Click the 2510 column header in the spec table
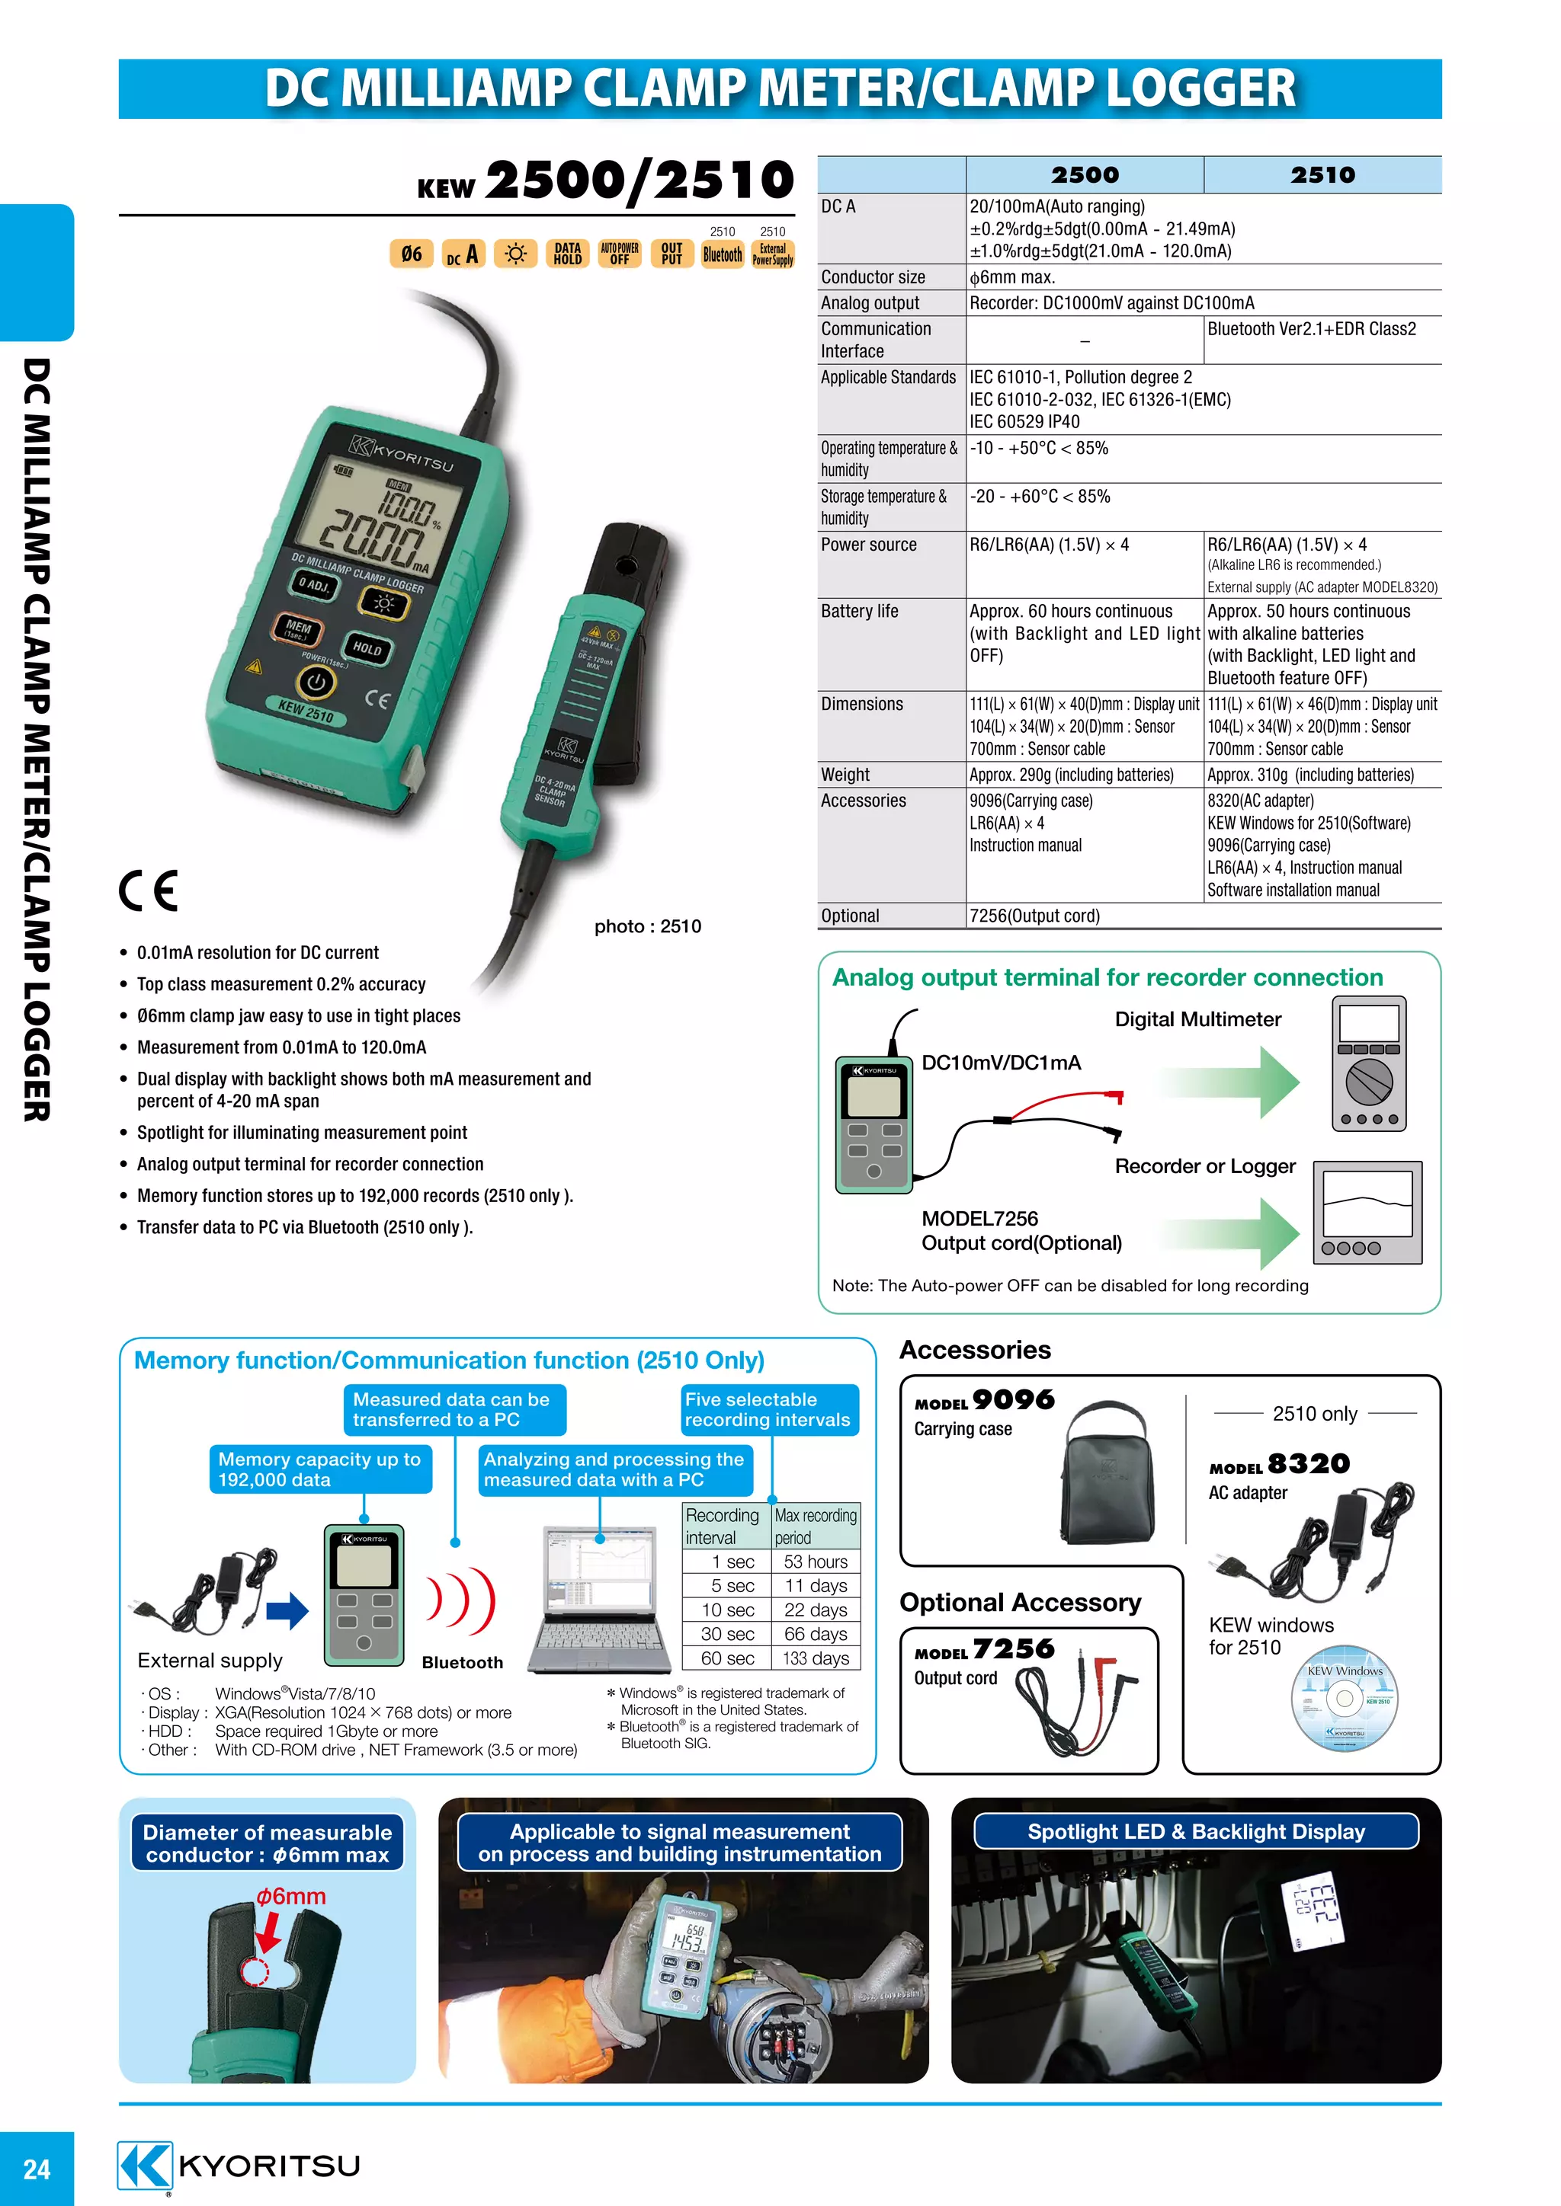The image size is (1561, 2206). coord(1322,175)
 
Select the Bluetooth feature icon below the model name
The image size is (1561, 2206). coord(722,254)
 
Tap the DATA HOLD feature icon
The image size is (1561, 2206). coord(567,254)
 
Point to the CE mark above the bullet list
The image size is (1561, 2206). coord(149,890)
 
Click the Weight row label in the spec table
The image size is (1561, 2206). coord(845,775)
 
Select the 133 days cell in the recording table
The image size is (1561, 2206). coord(815,1658)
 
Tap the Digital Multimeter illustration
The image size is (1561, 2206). coord(1369,1063)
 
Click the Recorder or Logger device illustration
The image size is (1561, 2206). coord(1367,1213)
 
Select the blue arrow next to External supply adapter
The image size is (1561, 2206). coord(287,1611)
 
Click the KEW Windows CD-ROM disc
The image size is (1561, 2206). coord(1344,1699)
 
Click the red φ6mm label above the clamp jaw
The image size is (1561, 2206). coord(290,1897)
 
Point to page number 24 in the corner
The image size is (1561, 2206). coord(37,2169)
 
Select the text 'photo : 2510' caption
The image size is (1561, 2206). coord(647,926)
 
